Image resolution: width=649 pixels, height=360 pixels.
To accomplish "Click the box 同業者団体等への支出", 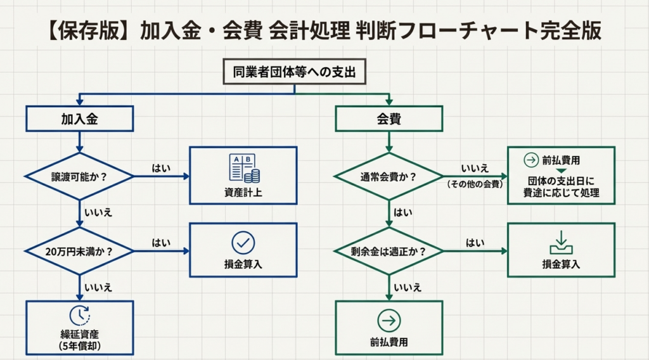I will [295, 72].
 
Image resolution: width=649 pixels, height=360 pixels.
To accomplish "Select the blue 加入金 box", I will [79, 119].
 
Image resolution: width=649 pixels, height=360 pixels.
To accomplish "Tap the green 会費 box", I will [389, 119].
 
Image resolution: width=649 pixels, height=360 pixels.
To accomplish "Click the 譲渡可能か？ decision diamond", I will [79, 176].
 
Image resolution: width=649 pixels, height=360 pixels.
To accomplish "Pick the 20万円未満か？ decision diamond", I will [79, 251].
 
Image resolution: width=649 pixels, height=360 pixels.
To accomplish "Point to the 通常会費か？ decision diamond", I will [389, 176].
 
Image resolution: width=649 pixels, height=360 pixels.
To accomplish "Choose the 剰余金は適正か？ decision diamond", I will [389, 251].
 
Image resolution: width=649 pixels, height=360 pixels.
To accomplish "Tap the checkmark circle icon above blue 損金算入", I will [243, 242].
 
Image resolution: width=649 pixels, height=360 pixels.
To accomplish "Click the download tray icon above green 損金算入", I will [561, 242].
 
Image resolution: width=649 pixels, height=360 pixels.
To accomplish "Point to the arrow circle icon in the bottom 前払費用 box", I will [389, 321].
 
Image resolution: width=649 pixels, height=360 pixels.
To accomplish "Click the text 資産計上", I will [243, 191].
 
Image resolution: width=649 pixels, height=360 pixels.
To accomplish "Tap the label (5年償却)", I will [79, 346].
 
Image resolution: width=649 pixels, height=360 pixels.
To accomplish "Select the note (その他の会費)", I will [475, 185].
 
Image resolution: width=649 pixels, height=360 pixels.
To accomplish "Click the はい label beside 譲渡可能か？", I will [160, 168].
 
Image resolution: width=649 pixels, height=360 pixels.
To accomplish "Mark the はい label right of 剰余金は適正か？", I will [475, 243].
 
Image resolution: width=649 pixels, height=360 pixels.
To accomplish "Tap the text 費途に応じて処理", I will [561, 193].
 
